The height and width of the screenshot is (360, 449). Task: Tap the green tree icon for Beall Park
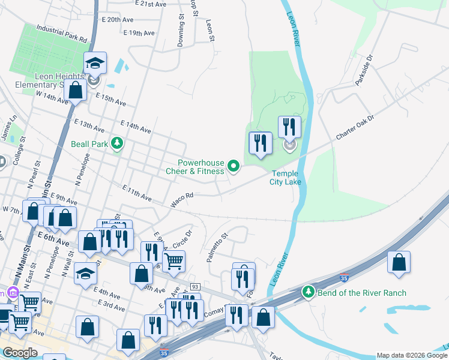pyautogui.click(x=118, y=143)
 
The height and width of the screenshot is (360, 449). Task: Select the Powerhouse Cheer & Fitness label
pyautogui.click(x=201, y=167)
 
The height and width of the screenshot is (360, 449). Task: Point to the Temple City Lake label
pyautogui.click(x=282, y=178)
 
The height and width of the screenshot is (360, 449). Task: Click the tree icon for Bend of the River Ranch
pyautogui.click(x=309, y=292)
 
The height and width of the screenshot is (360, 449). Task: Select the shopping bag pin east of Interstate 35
pyautogui.click(x=399, y=263)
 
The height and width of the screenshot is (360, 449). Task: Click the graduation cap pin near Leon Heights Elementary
pyautogui.click(x=94, y=62)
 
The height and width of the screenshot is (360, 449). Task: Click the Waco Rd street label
pyautogui.click(x=182, y=200)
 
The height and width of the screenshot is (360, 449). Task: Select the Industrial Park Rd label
pyautogui.click(x=61, y=32)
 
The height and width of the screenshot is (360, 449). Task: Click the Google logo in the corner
pyautogui.click(x=20, y=353)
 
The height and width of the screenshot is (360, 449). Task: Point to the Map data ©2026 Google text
pyautogui.click(x=412, y=355)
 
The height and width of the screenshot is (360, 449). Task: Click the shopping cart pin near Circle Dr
pyautogui.click(x=173, y=261)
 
